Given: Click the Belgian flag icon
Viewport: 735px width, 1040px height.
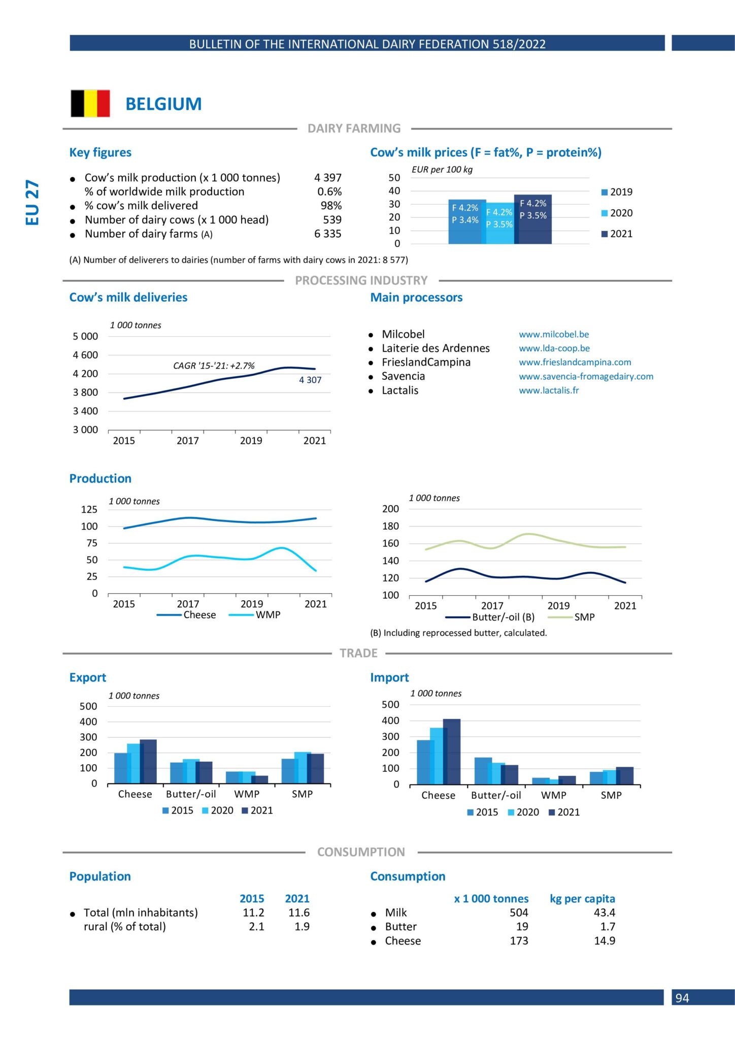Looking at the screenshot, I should [90, 104].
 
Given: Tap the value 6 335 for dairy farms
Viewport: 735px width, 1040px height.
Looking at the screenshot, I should [327, 234].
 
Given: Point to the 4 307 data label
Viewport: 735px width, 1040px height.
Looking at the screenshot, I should [310, 380].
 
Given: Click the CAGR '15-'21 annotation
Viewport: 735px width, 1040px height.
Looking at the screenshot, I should [214, 366].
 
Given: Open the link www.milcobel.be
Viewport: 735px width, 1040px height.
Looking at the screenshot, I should [554, 334].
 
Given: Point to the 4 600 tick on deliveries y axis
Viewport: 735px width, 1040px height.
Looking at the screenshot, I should [85, 355].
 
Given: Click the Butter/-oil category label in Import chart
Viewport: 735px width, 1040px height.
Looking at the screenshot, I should [496, 795].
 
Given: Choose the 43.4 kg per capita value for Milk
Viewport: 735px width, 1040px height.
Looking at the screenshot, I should [604, 913].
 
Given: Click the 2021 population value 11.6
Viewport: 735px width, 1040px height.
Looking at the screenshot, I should [298, 913].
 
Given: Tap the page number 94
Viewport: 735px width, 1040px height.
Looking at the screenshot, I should [682, 998].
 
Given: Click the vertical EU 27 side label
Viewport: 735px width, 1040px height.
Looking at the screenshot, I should [32, 202].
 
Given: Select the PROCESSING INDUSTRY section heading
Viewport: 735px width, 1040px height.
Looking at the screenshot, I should [361, 280].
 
